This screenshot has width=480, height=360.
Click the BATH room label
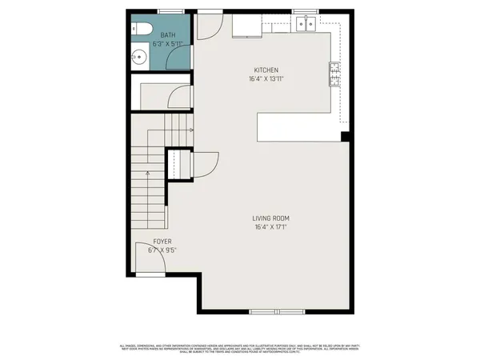tap(168, 35)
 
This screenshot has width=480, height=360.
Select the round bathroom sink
tap(137, 57)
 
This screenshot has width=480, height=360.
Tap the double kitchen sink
tap(304, 25)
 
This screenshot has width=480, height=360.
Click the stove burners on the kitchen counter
tap(334, 74)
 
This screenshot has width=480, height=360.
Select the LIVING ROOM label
tap(270, 218)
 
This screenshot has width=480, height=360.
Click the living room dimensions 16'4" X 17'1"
tap(270, 227)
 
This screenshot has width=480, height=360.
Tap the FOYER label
tap(163, 241)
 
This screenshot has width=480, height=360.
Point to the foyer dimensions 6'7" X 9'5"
tap(162, 250)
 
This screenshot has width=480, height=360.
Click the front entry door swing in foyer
tap(147, 262)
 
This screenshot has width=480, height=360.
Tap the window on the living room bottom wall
tap(277, 310)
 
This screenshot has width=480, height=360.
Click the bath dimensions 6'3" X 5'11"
tap(168, 44)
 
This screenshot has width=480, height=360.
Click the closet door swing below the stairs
tap(205, 165)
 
